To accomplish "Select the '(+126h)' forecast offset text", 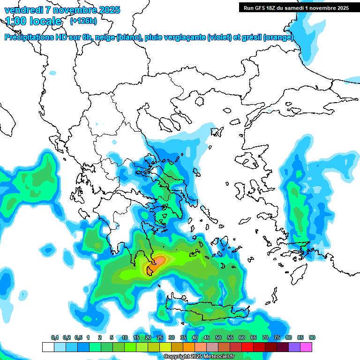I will point(83,21).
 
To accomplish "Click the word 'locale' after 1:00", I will point(45,21).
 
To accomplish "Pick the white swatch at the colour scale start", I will point(48,347).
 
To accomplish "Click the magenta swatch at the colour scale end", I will point(306,347).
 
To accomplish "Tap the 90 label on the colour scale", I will point(312,338).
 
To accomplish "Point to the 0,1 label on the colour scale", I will point(54,338).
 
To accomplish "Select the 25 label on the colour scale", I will point(160,338).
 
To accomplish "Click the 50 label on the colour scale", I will point(218,338).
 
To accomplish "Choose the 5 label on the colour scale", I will point(112,338).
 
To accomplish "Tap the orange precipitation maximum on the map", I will point(159,260).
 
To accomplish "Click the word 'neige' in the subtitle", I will point(105,37).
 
